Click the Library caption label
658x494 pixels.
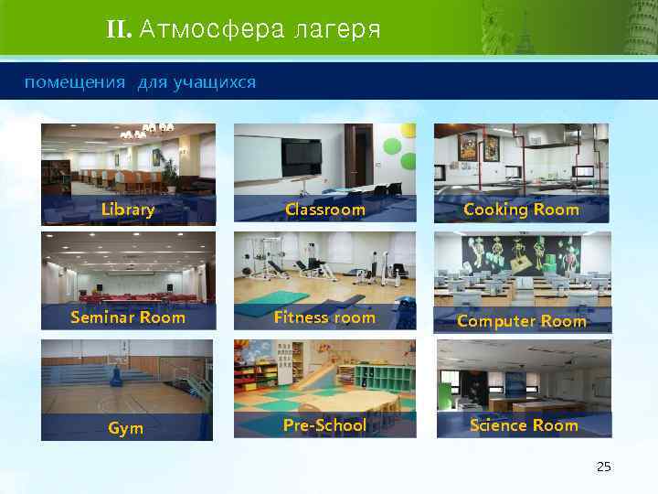click(x=128, y=210)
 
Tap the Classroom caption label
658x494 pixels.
click(x=324, y=210)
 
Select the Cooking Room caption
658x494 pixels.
click(x=521, y=209)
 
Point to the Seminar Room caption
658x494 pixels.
click(x=128, y=317)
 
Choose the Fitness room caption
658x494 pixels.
click(x=324, y=317)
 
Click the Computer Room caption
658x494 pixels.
click(x=521, y=321)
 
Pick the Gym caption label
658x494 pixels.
click(x=125, y=428)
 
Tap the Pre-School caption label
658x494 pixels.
click(x=324, y=425)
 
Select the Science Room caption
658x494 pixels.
click(x=524, y=425)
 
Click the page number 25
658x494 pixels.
click(x=602, y=467)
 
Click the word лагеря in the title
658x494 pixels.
click(x=337, y=30)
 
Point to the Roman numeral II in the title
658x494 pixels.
click(x=119, y=30)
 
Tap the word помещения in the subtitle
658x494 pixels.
click(x=75, y=83)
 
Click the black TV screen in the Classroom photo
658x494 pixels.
click(x=301, y=157)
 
